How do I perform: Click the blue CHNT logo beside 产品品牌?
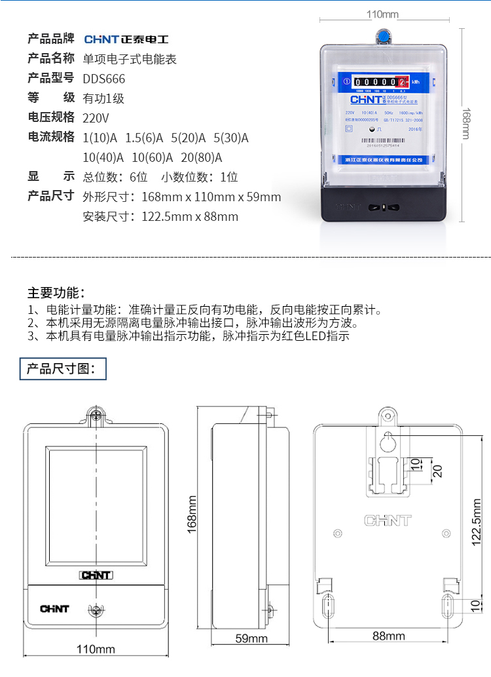[126, 39]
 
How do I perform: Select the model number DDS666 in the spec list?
[103, 79]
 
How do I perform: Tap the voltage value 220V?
[96, 119]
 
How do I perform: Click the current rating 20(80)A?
[201, 157]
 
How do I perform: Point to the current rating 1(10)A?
[100, 138]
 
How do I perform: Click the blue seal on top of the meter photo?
[382, 36]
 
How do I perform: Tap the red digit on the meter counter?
[402, 82]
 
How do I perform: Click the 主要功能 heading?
[56, 292]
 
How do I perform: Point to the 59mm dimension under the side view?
[252, 638]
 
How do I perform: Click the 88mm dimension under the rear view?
[389, 636]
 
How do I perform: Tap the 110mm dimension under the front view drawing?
[96, 649]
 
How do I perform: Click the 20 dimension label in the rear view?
[437, 471]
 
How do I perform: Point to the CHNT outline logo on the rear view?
[388, 521]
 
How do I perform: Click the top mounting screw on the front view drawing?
[96, 414]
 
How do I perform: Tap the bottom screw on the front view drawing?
[96, 610]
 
